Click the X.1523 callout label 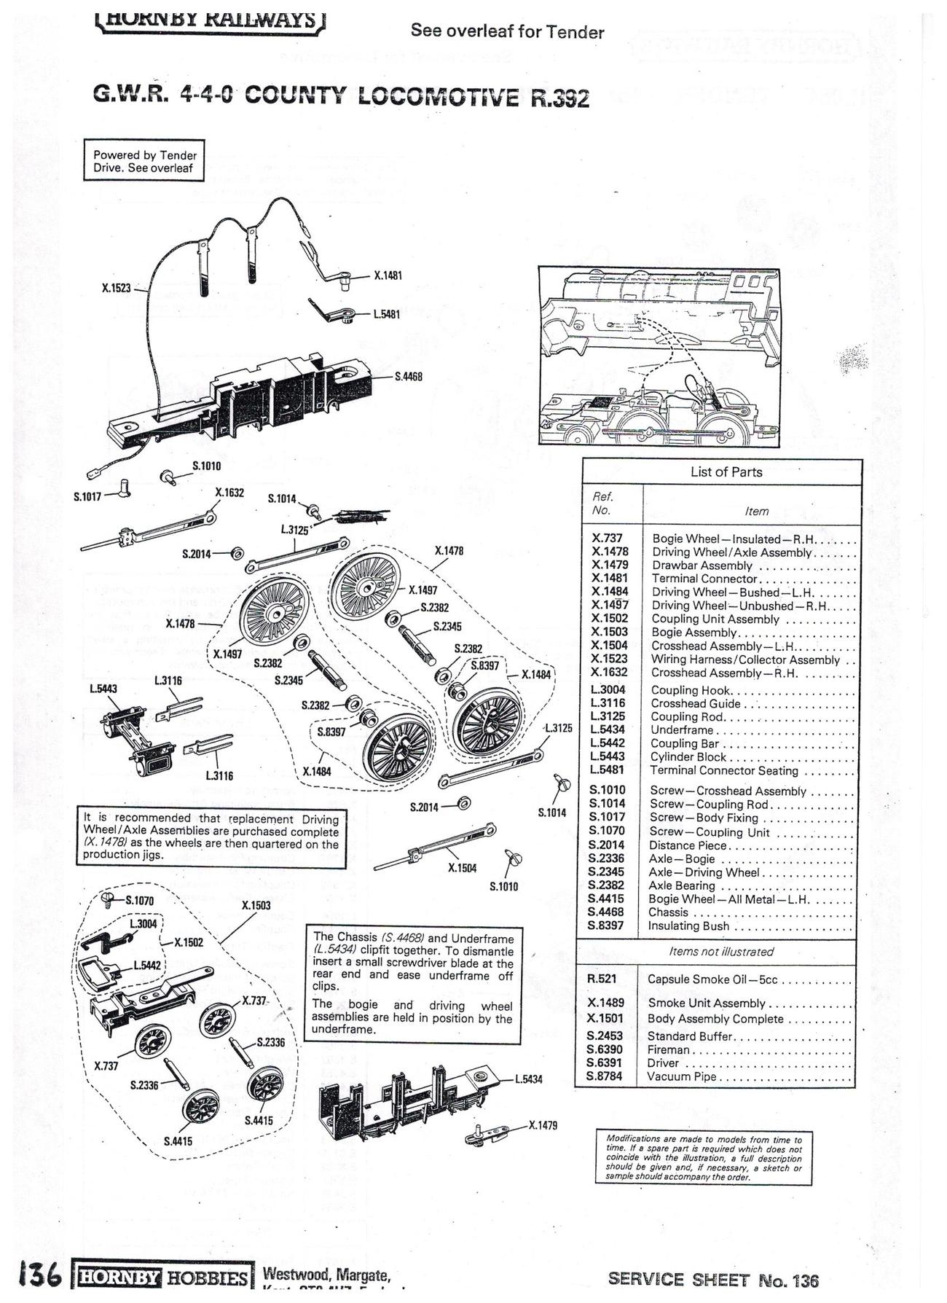pos(116,289)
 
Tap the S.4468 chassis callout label pos(408,377)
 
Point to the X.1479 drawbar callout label pos(543,1125)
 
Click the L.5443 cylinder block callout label pos(103,688)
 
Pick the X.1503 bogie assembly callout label pos(256,906)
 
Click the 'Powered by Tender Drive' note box pos(144,161)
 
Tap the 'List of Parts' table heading pos(726,472)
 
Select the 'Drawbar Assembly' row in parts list pos(702,566)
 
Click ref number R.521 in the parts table pos(602,979)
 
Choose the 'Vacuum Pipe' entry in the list pos(682,1076)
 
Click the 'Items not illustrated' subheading pos(720,952)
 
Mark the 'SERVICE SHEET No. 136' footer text pos(713,1280)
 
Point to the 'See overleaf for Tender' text pos(507,31)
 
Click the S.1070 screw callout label pos(139,900)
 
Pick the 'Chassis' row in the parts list pos(668,912)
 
